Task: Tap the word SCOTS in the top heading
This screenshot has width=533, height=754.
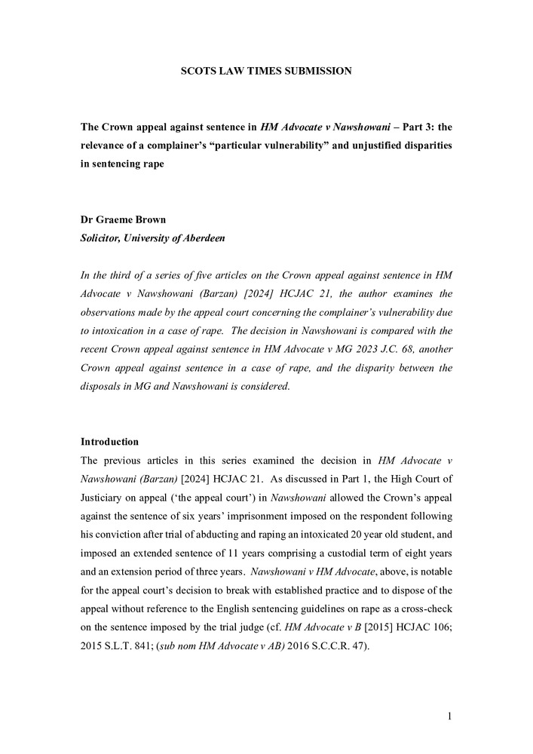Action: (x=198, y=71)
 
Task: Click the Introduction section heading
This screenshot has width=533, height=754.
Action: (x=109, y=441)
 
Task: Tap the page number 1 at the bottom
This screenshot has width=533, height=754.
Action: (x=449, y=716)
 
